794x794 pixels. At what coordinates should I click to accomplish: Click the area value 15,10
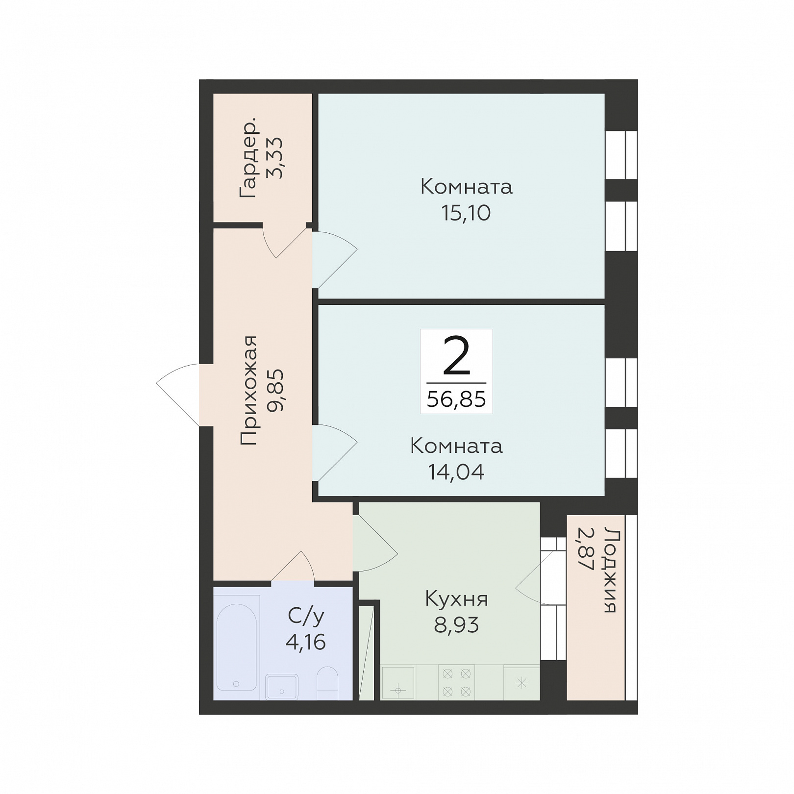tap(466, 213)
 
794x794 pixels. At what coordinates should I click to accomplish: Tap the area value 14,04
tap(456, 472)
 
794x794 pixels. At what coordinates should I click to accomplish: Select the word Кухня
tap(456, 599)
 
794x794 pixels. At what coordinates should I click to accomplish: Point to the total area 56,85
tap(456, 399)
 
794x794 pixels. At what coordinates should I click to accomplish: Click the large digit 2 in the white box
tap(456, 356)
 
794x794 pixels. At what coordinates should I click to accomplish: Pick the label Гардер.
tap(248, 157)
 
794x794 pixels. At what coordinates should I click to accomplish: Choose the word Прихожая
tap(249, 390)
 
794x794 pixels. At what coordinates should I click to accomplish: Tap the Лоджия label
tap(610, 570)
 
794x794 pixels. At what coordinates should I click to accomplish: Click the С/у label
tap(306, 616)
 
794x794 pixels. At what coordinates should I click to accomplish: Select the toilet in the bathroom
tap(327, 683)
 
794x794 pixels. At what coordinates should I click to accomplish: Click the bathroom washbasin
tap(282, 686)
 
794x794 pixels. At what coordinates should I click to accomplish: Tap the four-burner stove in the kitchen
tap(456, 682)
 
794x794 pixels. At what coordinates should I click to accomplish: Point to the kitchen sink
tap(398, 682)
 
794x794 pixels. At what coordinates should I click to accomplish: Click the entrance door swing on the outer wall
tap(178, 395)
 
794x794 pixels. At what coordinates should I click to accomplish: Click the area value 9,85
tap(275, 390)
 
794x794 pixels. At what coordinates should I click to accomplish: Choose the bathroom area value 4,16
tap(306, 642)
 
